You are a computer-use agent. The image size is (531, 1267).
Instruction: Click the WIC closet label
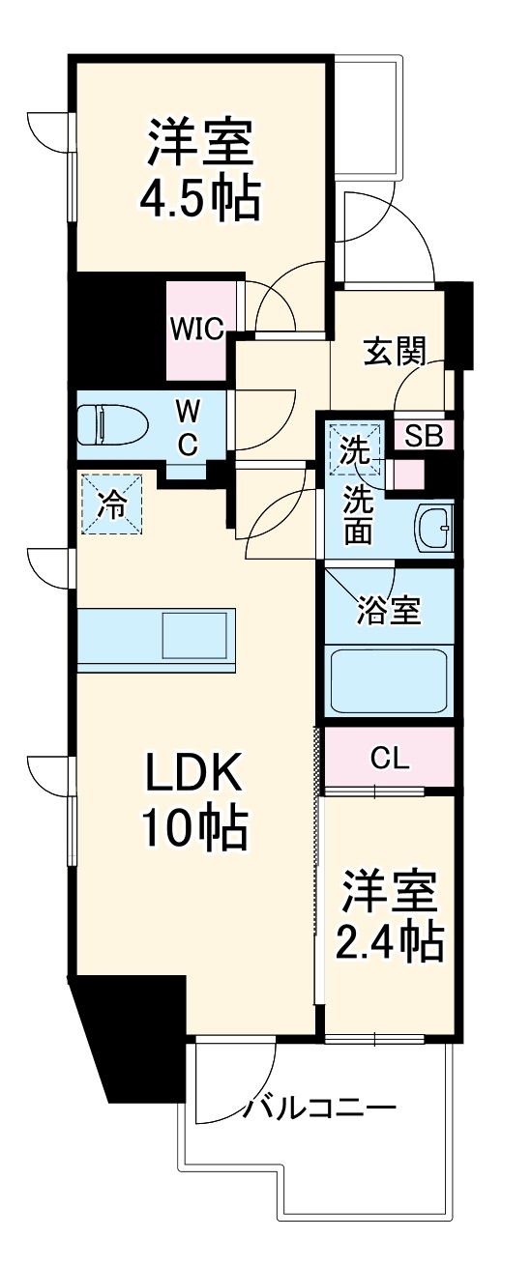pos(198,328)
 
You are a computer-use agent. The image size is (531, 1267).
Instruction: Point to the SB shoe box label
pos(424,436)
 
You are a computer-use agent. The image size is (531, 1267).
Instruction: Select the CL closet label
pos(389,759)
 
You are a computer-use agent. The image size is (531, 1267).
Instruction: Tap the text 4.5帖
pos(200,196)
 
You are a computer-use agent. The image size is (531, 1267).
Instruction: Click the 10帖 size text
pos(195,828)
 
